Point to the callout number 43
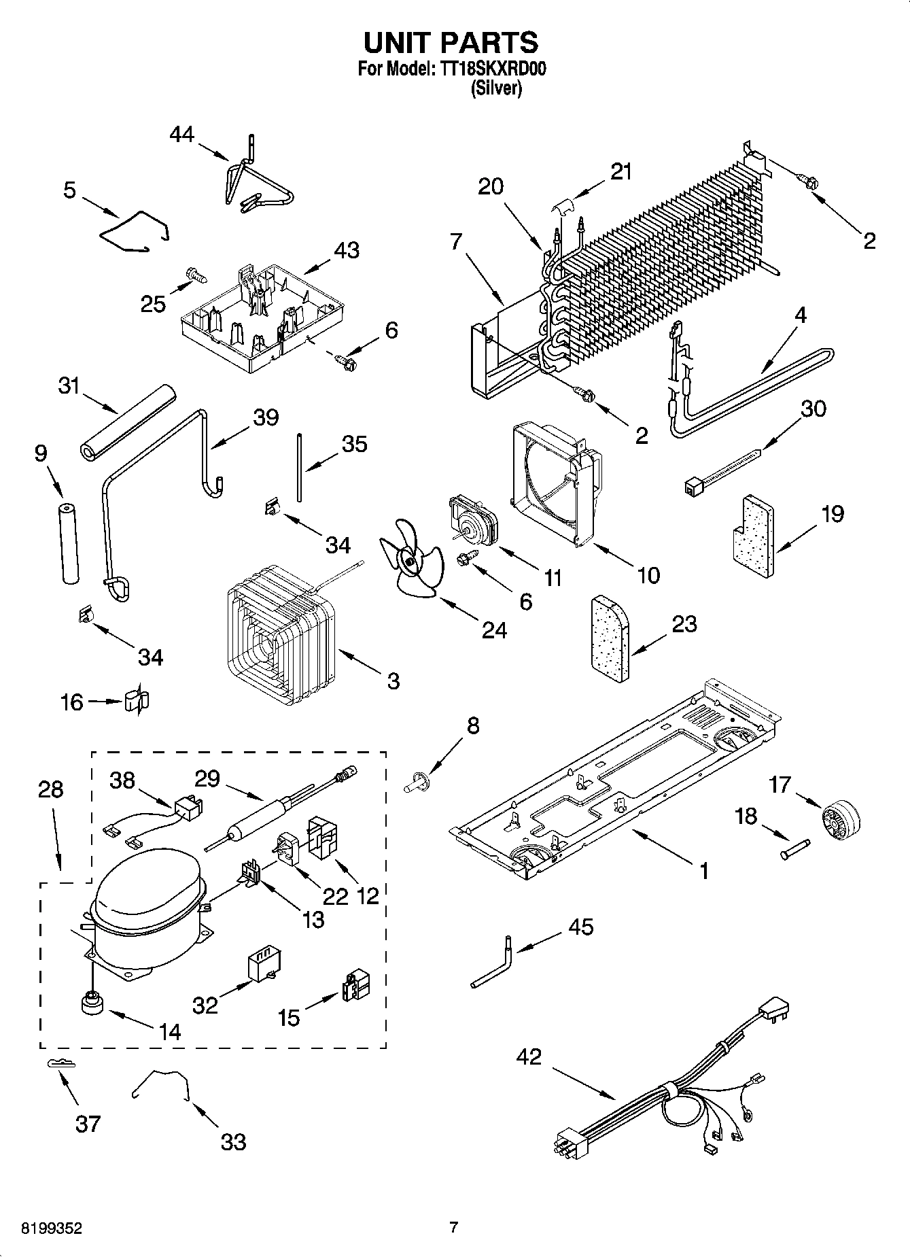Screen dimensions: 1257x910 coord(347,249)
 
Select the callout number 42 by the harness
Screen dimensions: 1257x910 coord(529,1056)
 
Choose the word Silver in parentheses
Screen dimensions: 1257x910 coord(497,88)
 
